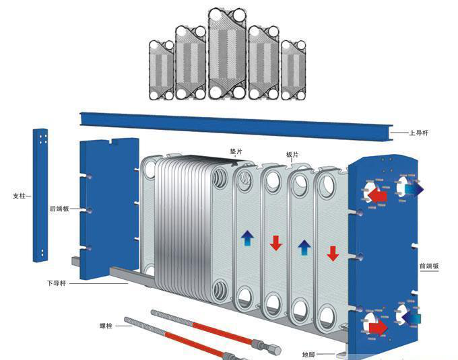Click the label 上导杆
(x=419, y=133)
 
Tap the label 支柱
(x=19, y=196)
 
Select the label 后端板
(x=59, y=209)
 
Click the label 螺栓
(x=106, y=326)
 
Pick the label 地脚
(x=309, y=353)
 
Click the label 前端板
(x=429, y=266)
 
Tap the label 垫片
(x=236, y=151)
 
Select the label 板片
(x=292, y=154)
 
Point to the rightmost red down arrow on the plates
(x=332, y=254)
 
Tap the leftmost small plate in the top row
(x=161, y=70)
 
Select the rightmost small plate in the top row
(x=294, y=70)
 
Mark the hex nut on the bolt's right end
(x=275, y=350)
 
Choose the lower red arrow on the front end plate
(x=377, y=327)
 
